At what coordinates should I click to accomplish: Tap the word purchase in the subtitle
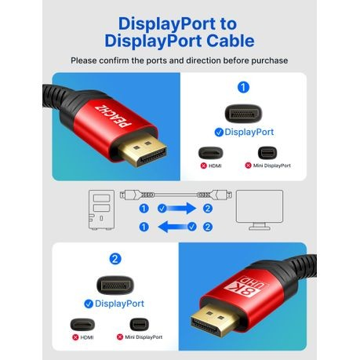(269, 60)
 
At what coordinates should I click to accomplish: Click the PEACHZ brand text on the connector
(113, 116)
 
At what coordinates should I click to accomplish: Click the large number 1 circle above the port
(243, 87)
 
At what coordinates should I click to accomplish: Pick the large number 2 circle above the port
(115, 259)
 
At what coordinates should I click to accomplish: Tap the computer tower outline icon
(101, 209)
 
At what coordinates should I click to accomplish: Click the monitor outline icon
(260, 210)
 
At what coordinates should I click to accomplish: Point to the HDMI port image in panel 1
(211, 153)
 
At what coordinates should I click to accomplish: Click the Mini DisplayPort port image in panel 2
(139, 325)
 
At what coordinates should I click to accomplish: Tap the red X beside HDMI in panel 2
(75, 337)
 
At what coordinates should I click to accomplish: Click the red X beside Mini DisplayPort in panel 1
(248, 165)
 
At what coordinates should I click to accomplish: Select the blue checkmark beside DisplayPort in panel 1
(219, 133)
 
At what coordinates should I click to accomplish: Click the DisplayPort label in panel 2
(119, 304)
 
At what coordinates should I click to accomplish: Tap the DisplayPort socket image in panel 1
(243, 114)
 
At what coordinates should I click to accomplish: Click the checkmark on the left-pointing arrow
(192, 227)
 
